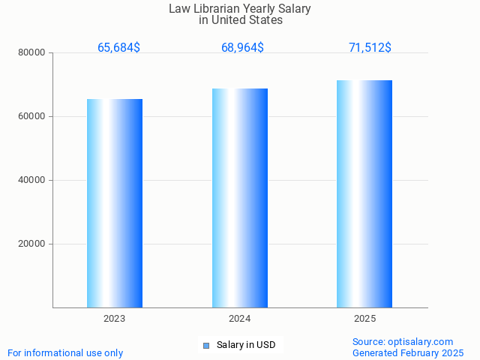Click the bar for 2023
pos(115,202)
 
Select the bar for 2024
pos(240,198)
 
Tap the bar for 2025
pos(364,193)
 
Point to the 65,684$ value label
pos(118,48)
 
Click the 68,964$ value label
pos(242,48)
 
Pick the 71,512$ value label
pos(370,48)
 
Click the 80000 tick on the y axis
pos(33,53)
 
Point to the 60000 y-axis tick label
pos(33,117)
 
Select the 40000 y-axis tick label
pos(33,181)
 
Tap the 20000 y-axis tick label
pos(33,244)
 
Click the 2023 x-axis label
pos(115,319)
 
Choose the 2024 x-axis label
pos(240,319)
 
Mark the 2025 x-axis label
pos(364,319)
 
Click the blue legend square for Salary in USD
pos(206,346)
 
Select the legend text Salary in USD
pos(246,345)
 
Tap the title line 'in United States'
pos(240,21)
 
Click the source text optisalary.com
pos(403,342)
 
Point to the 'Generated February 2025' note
pos(408,353)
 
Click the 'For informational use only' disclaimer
pos(65,353)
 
